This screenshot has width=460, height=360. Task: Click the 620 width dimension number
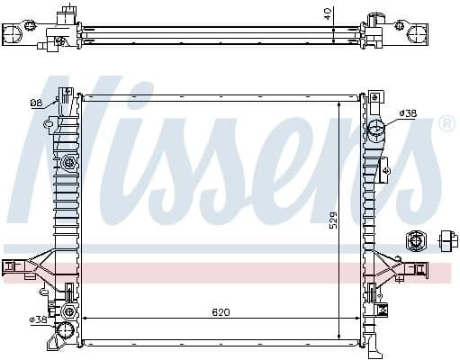click(x=221, y=312)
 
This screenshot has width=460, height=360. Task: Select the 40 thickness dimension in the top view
click(x=329, y=13)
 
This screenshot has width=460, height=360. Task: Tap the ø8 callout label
click(x=35, y=103)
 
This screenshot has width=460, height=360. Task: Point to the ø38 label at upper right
click(x=408, y=113)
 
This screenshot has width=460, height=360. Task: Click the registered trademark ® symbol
click(x=446, y=124)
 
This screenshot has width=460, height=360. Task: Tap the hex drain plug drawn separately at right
click(x=416, y=240)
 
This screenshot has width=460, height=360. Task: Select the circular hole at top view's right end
click(x=419, y=33)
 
